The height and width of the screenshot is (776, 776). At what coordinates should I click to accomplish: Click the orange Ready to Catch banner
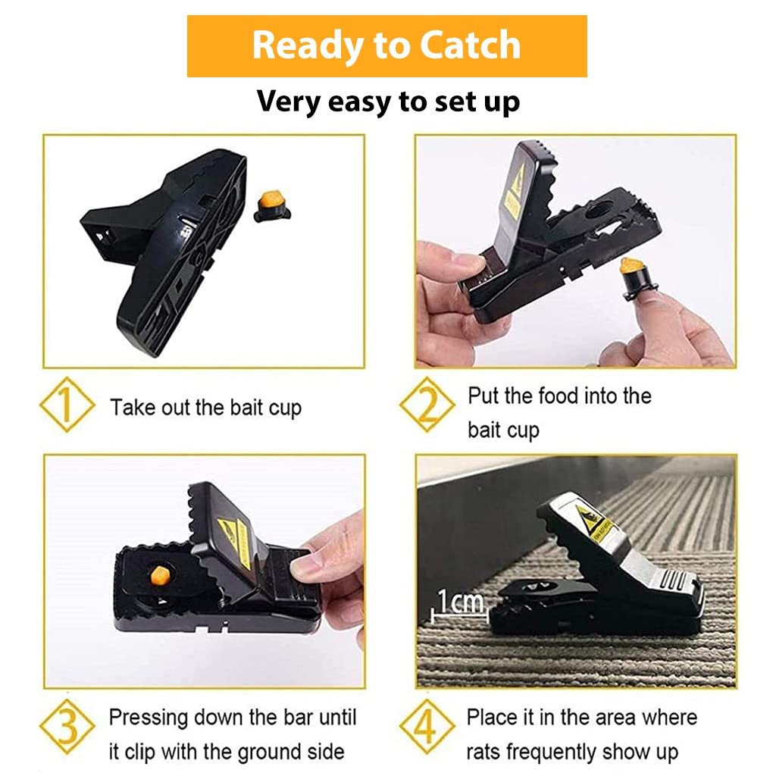click(386, 45)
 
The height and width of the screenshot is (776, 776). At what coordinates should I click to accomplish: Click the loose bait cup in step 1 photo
click(268, 205)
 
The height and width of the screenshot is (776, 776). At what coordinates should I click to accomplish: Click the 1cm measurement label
click(458, 602)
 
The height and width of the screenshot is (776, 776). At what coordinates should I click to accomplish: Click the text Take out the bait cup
click(205, 408)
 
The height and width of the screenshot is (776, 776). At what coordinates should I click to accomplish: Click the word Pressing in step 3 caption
click(149, 717)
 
